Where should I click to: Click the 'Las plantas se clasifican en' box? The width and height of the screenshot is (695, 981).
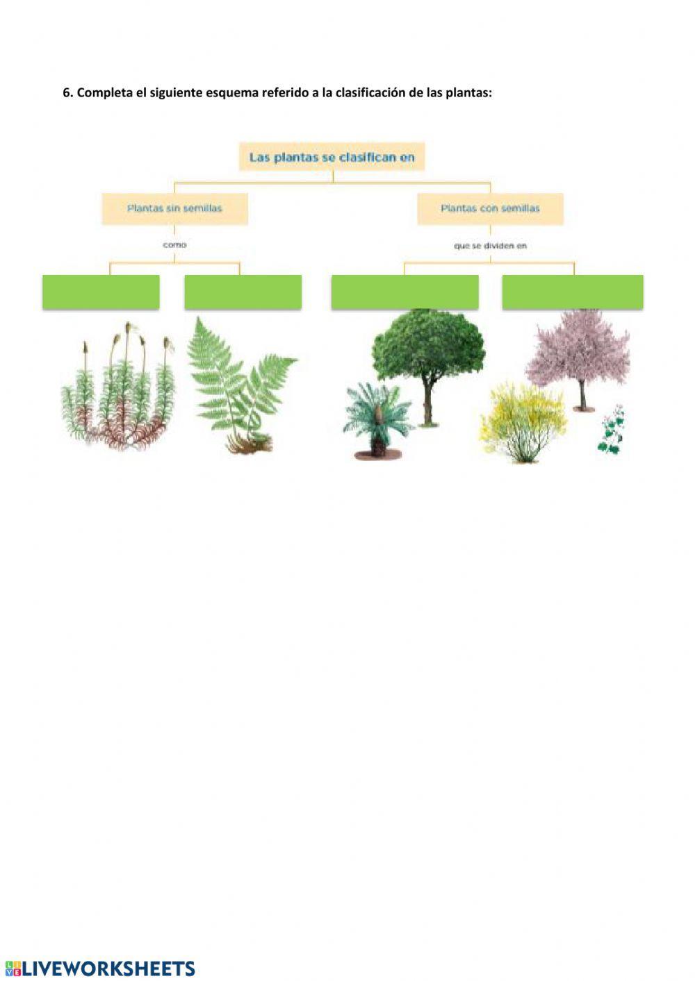pos(332,158)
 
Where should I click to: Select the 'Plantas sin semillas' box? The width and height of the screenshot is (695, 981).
pos(174,208)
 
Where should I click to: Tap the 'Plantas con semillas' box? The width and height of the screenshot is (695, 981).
pos(490,208)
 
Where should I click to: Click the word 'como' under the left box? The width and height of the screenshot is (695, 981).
pos(174,245)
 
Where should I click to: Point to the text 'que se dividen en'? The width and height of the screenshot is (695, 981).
pos(490,246)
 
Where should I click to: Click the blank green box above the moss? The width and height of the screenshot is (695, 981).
pos(101,292)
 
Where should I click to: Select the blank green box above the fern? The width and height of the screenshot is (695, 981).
pos(243,292)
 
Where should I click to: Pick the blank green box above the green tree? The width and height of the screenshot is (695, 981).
pos(404,292)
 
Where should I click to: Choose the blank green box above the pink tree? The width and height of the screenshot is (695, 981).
pos(573,292)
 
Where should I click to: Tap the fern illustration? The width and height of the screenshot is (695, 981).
pos(240,385)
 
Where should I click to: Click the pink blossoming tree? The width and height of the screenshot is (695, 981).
pos(578,354)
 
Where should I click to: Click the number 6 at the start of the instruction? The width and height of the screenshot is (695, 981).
pos(67,93)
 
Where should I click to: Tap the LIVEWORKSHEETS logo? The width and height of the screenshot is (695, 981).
pos(100,969)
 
